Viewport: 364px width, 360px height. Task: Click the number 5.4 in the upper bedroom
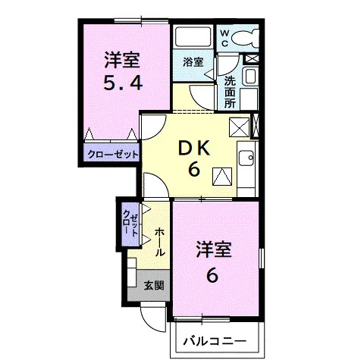click(123, 82)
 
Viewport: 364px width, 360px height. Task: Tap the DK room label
click(194, 149)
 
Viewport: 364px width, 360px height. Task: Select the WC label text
click(224, 38)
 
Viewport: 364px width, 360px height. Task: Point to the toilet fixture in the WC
click(245, 39)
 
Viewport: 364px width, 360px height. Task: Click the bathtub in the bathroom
click(193, 37)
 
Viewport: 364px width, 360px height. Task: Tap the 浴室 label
click(193, 62)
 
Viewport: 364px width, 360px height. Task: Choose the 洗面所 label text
click(230, 92)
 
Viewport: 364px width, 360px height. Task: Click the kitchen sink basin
click(246, 158)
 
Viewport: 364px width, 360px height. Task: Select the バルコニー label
click(215, 341)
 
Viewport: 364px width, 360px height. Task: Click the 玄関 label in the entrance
click(154, 286)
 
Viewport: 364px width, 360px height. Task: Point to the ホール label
click(160, 242)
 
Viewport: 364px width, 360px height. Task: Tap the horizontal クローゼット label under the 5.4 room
click(113, 154)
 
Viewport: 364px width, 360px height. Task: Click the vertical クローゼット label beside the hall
click(130, 224)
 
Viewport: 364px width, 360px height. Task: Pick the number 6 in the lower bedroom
click(212, 276)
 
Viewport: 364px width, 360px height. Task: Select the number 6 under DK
click(194, 169)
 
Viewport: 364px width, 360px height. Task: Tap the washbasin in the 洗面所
click(250, 76)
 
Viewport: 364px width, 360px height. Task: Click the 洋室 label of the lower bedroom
click(214, 249)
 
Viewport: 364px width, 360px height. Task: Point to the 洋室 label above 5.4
click(122, 60)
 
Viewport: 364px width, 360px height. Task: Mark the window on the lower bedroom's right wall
click(262, 258)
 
